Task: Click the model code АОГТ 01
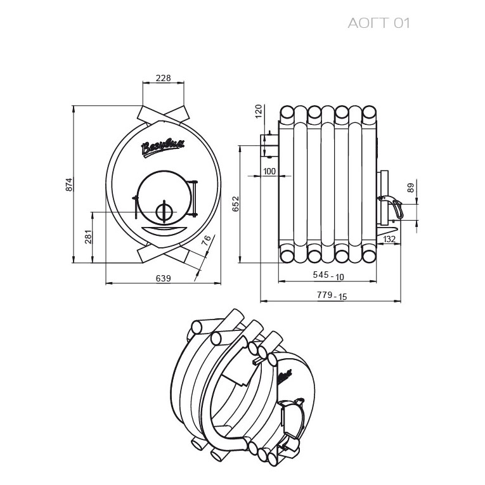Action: [378, 23]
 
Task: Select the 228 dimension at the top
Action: [163, 78]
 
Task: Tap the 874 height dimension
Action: [69, 184]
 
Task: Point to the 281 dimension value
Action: [89, 236]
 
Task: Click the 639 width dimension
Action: [163, 278]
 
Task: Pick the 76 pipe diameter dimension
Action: [206, 240]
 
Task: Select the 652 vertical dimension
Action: [236, 204]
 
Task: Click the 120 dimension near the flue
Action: [259, 112]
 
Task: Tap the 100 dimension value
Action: [269, 171]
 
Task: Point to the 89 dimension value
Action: [411, 188]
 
